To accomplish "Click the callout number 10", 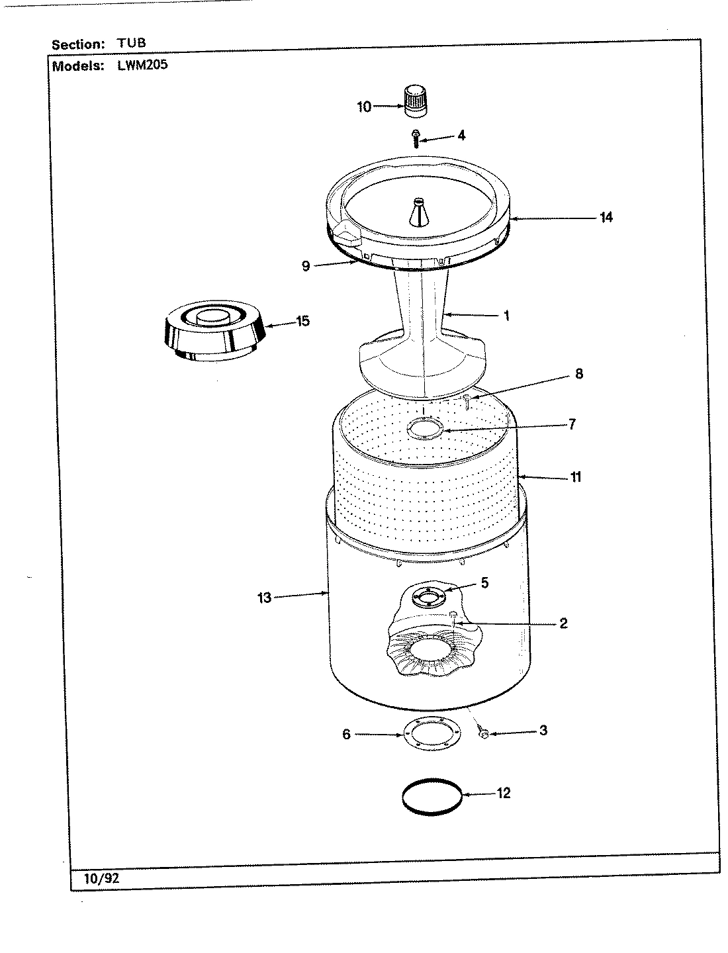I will point(365,107).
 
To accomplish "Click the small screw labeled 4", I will point(415,138).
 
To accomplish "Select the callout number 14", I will point(606,217).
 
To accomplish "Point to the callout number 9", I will point(306,267).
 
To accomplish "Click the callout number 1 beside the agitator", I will point(506,316).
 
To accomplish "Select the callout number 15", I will point(302,321).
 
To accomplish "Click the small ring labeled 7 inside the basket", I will point(426,429).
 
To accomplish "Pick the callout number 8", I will point(578,374).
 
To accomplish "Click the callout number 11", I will point(575,476).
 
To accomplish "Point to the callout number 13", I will point(265,598).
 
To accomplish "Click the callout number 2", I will point(563,623).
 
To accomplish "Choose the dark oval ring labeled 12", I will point(431,796).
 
